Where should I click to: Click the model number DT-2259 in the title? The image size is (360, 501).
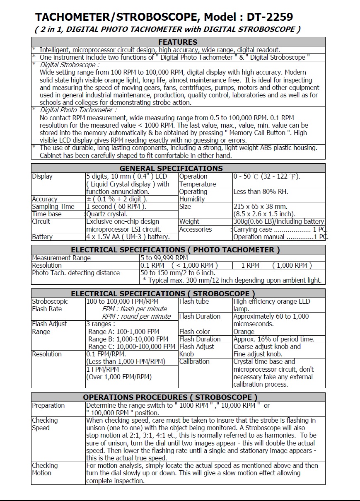tap(270, 17)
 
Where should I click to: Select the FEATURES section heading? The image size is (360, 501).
tap(178, 42)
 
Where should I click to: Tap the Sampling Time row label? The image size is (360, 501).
tap(53, 206)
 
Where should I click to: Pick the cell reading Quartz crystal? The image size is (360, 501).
tap(107, 214)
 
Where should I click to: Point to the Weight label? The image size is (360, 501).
tap(189, 221)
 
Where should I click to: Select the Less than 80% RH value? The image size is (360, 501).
tap(261, 191)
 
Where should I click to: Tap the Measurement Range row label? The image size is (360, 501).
tap(61, 258)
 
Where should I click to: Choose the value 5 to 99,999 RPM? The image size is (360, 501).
tap(164, 258)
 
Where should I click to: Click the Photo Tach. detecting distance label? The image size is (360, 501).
tap(76, 273)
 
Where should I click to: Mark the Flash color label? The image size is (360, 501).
tap(194, 332)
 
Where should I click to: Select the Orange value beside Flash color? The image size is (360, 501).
tap(244, 332)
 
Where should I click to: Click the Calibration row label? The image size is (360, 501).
tap(194, 361)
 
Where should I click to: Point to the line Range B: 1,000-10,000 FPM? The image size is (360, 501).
tap(129, 339)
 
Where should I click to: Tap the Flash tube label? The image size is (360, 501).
tap(194, 301)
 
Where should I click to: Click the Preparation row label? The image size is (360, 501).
tap(48, 405)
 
